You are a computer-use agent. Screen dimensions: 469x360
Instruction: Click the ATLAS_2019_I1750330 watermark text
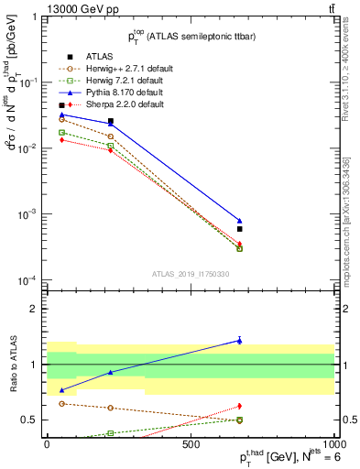(190, 274)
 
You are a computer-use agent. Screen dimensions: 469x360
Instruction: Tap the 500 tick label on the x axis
(191, 442)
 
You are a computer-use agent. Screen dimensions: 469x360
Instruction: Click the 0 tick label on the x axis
(48, 442)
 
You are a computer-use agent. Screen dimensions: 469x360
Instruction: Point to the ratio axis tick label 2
(32, 309)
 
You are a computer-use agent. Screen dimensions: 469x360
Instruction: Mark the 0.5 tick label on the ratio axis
(28, 420)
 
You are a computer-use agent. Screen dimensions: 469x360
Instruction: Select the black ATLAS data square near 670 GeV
(239, 229)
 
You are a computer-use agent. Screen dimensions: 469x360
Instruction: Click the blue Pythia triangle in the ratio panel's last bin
(239, 340)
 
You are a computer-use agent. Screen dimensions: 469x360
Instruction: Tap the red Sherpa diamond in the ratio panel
(239, 406)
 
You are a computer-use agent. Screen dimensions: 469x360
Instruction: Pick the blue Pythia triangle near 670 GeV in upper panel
(239, 221)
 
